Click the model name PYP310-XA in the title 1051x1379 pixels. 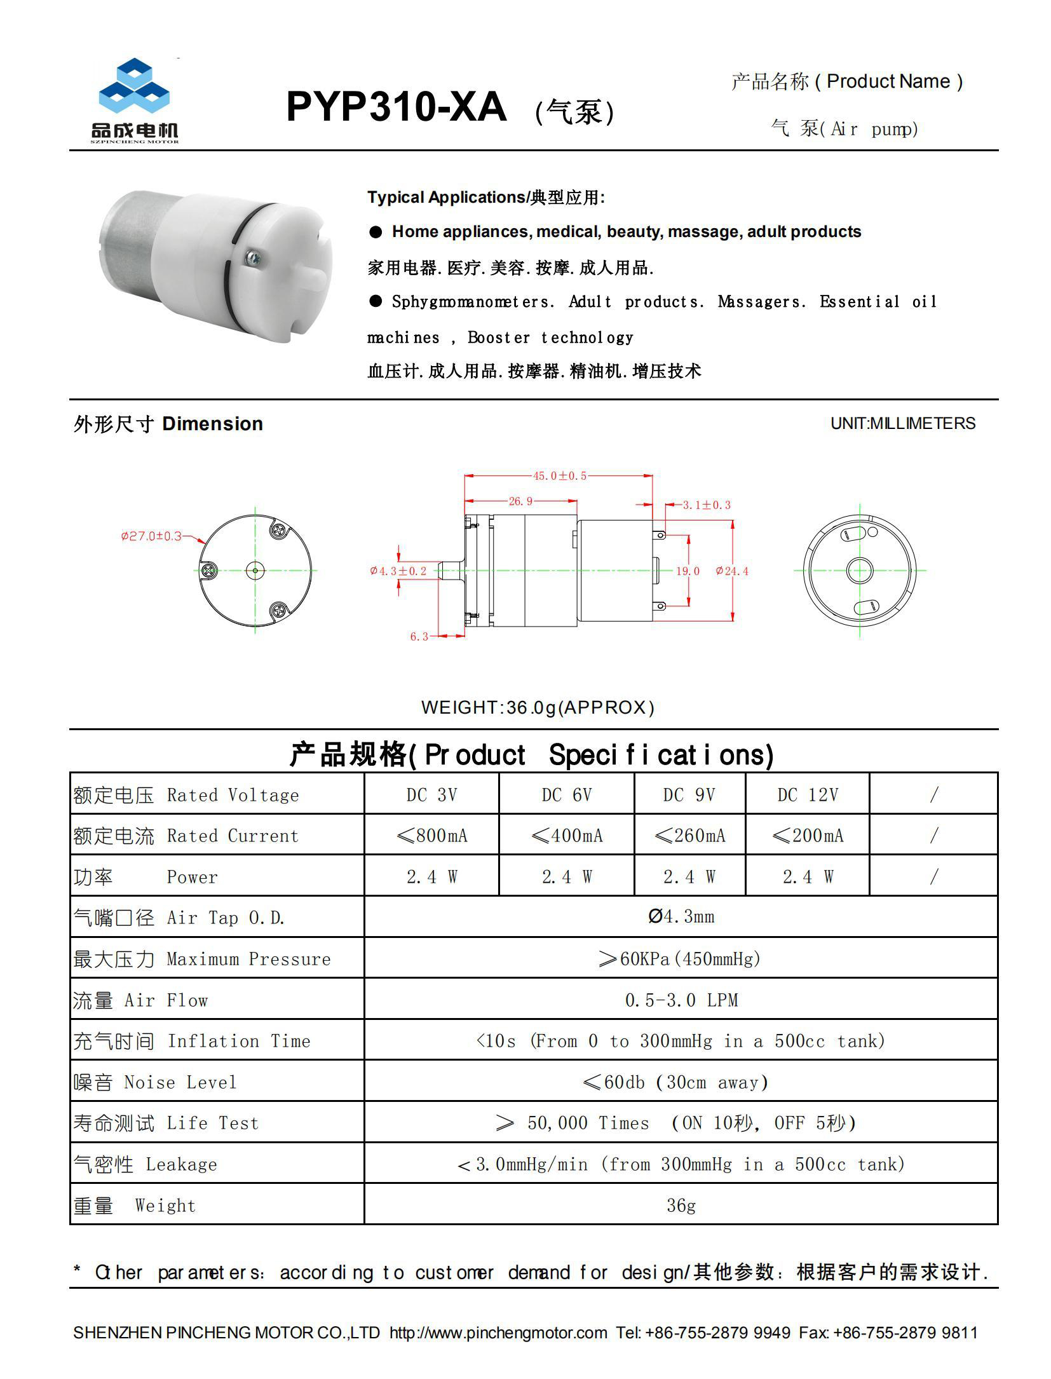[x=396, y=107]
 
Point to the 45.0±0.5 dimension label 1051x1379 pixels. [x=559, y=476]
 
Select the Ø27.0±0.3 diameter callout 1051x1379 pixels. [x=151, y=536]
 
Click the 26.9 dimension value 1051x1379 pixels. [x=520, y=501]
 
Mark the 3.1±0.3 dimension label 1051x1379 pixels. [x=706, y=505]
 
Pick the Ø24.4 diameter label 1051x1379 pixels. [x=732, y=571]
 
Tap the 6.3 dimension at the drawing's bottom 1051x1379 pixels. [x=419, y=636]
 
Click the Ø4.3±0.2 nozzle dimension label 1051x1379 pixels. [x=398, y=571]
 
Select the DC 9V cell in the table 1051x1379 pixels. [x=689, y=795]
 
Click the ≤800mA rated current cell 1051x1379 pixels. [x=431, y=836]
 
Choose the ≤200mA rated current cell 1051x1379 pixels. [x=807, y=836]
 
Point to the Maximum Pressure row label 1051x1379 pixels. [x=248, y=959]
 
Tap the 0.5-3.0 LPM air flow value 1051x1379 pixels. [x=681, y=1000]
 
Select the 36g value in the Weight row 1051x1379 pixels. [x=681, y=1206]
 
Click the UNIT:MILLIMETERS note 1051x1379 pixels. [x=902, y=424]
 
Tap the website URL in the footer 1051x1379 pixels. [x=498, y=1333]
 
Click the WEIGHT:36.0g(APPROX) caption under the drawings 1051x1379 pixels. [x=538, y=707]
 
